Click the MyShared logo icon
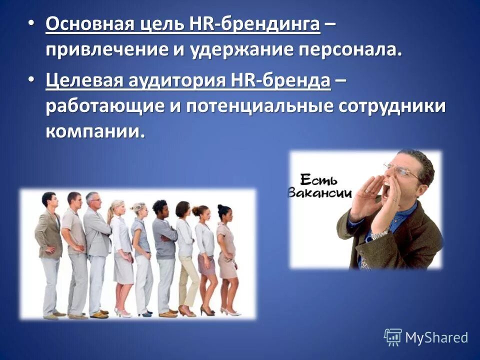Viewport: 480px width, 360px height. click(x=392, y=337)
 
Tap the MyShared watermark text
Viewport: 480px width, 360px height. click(x=436, y=337)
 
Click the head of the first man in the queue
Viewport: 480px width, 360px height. click(x=48, y=199)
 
